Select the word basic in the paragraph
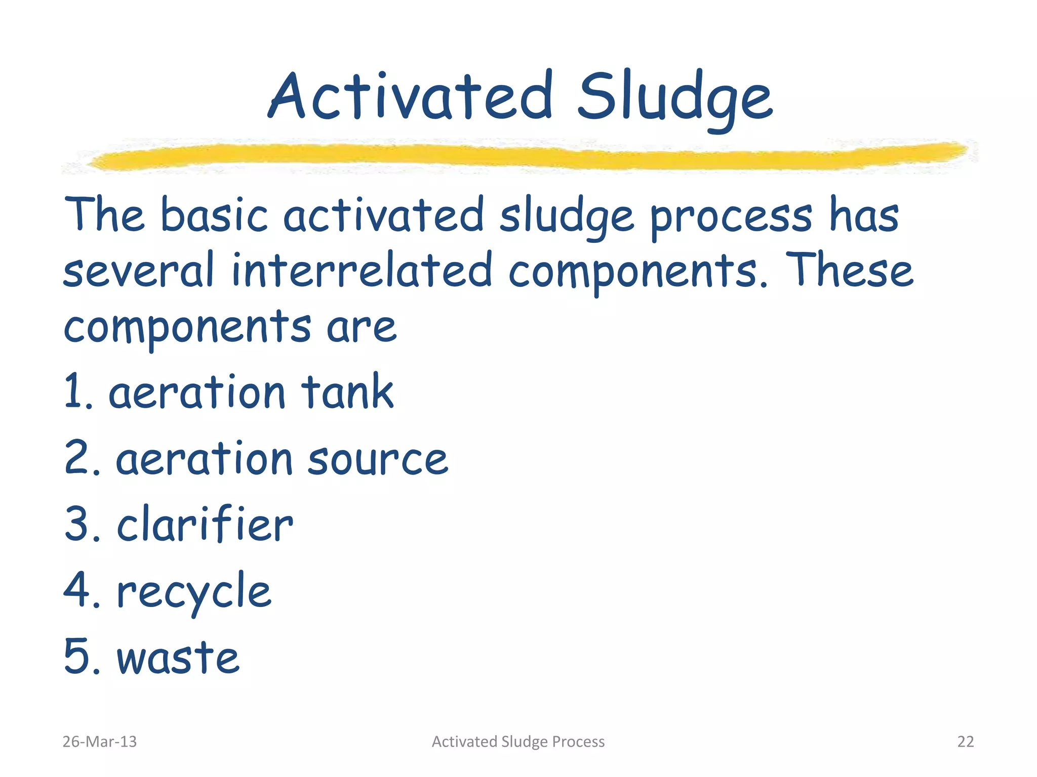(x=214, y=215)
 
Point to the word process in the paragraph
(x=731, y=218)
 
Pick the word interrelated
(x=362, y=271)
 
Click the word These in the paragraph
(x=852, y=271)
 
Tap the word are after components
(x=361, y=327)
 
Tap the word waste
(x=178, y=658)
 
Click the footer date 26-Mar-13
(x=99, y=742)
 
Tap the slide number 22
(x=965, y=742)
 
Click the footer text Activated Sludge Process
(x=518, y=742)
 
